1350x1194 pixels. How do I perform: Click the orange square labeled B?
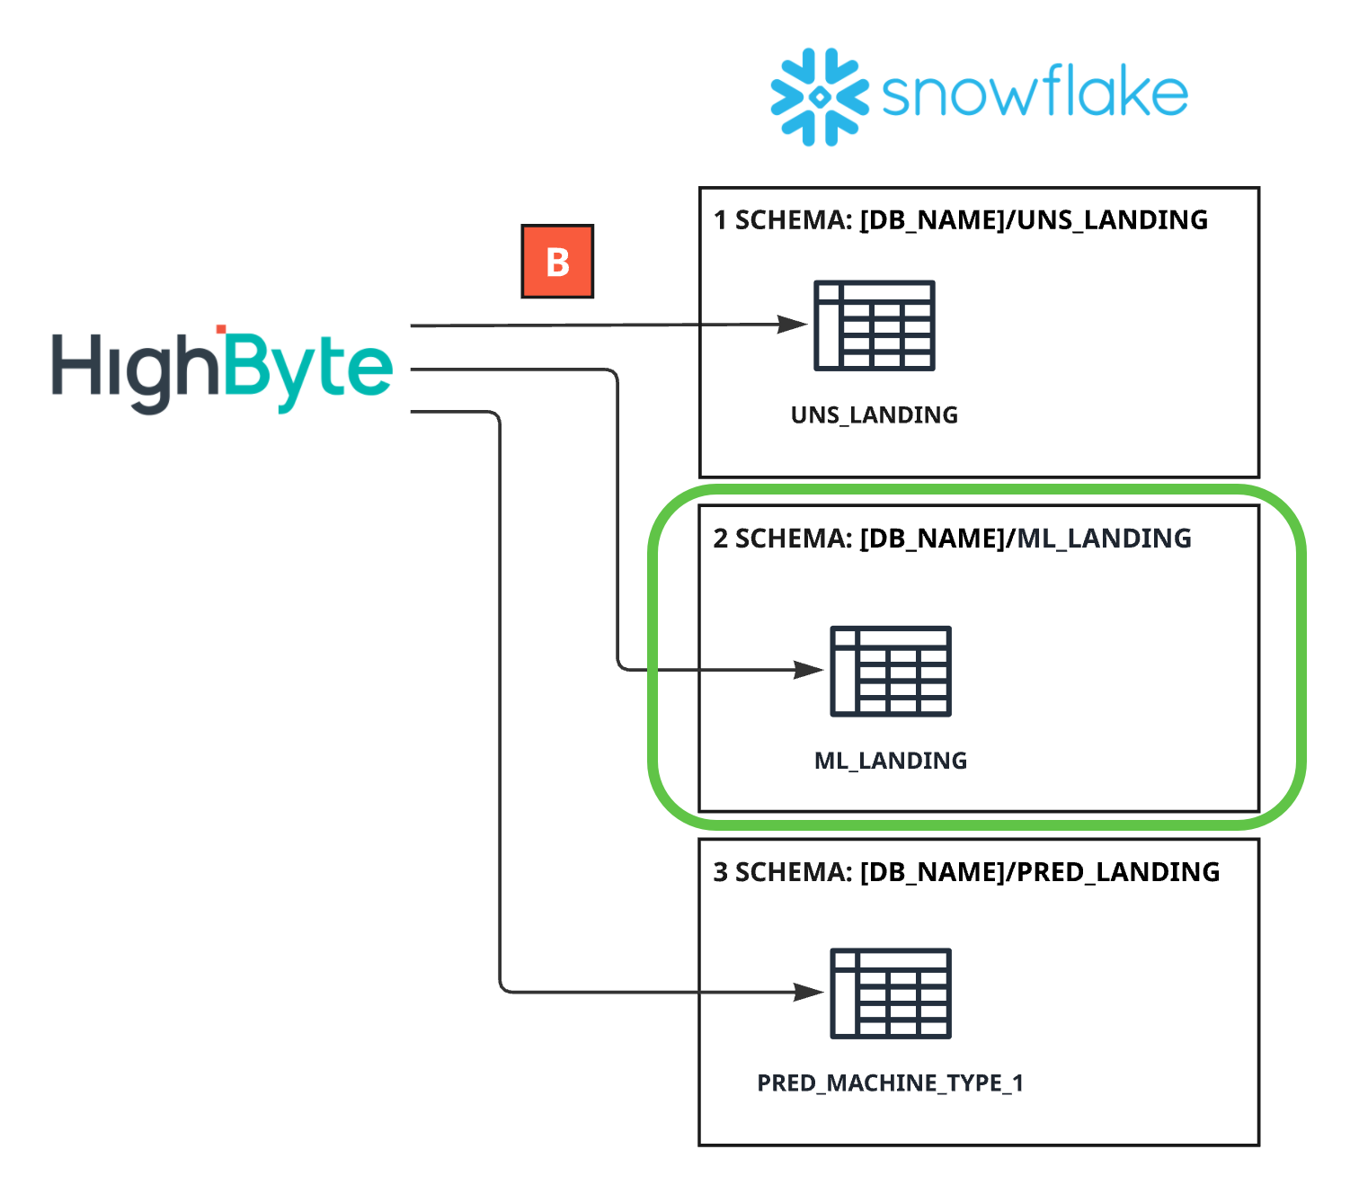[557, 262]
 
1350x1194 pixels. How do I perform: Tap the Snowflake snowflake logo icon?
[819, 97]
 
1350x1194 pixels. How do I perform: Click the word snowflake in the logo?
[1035, 94]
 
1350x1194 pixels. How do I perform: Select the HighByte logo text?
[222, 370]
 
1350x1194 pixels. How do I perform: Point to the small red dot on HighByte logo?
[221, 330]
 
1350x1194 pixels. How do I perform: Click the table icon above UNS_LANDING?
[875, 325]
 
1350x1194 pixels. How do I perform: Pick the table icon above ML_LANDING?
[891, 671]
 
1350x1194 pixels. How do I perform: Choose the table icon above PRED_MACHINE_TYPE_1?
[891, 994]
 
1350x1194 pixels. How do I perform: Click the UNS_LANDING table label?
[875, 415]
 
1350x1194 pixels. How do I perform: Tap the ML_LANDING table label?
[891, 761]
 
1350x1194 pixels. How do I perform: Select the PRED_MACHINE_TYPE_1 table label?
[891, 1083]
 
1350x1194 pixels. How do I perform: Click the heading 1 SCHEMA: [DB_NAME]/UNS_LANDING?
[961, 220]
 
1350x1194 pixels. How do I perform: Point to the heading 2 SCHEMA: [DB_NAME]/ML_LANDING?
[953, 539]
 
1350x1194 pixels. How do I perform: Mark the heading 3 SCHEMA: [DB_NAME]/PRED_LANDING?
[966, 872]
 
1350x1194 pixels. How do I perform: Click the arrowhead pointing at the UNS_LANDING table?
[793, 325]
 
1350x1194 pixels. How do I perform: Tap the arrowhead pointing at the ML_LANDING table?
[809, 670]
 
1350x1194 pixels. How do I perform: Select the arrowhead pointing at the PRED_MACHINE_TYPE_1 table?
[809, 993]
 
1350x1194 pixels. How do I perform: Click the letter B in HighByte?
[244, 366]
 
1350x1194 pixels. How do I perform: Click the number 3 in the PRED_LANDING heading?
[721, 872]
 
